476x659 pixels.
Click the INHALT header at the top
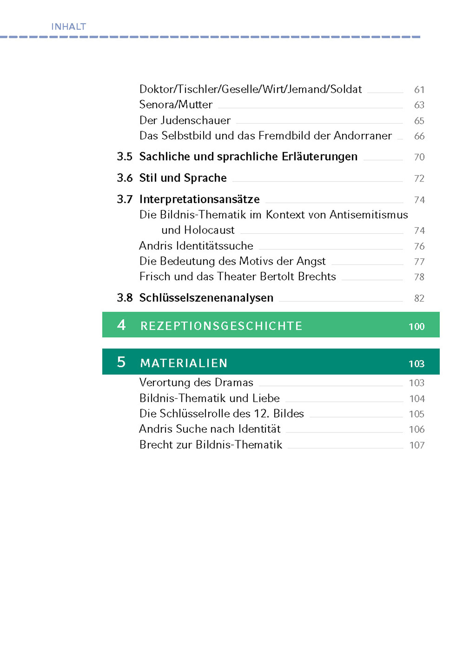[x=68, y=27]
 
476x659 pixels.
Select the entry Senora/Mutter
[x=176, y=105]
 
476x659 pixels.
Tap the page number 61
[x=419, y=90]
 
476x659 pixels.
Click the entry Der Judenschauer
[x=185, y=120]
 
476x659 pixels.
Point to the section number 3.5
[x=124, y=157]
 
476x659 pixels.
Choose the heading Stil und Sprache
[x=183, y=178]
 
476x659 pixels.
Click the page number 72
[x=419, y=178]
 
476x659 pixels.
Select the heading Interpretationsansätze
[x=199, y=199]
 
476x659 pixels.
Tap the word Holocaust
[x=209, y=230]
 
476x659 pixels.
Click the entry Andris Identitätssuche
[x=196, y=246]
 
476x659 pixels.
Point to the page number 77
[x=419, y=262]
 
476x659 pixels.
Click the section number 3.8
[x=124, y=298]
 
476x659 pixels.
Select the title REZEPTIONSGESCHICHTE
[x=221, y=326]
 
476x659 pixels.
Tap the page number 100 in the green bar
[x=416, y=327]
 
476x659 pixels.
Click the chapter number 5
[x=121, y=362]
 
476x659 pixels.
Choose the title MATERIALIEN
[x=184, y=363]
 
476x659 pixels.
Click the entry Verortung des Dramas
[x=196, y=383]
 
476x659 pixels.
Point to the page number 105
[x=416, y=414]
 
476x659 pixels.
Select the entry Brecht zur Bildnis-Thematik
[x=211, y=445]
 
